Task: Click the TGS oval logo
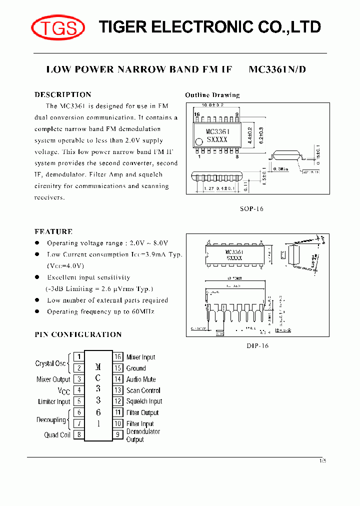pos(57,27)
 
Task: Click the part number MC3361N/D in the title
pos(277,69)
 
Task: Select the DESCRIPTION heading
pos(63,94)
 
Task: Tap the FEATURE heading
pos(53,231)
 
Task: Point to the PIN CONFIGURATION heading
pos(78,334)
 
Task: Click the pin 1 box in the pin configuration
pos(78,356)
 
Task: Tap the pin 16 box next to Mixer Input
pos(118,356)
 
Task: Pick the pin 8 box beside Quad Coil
pos(78,434)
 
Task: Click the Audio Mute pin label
pos(140,379)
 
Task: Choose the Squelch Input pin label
pos(144,401)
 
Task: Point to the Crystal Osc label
pos(50,363)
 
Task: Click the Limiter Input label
pos(54,401)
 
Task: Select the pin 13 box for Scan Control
pos(118,390)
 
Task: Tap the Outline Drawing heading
pos(212,95)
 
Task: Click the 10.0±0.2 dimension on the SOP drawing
pos(212,105)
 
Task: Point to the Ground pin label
pos(136,368)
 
